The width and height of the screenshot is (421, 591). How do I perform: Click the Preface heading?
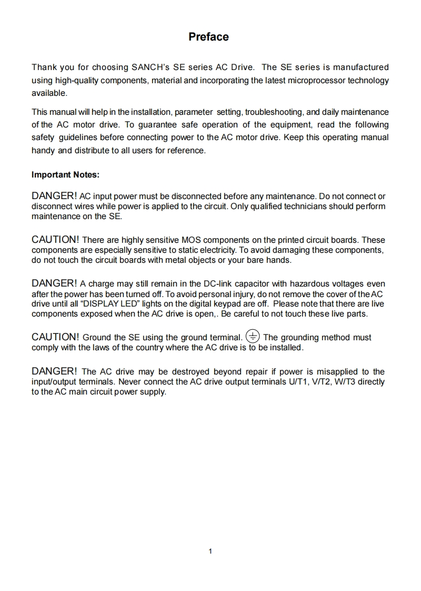point(208,37)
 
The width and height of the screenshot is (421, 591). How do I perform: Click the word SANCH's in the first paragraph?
point(150,67)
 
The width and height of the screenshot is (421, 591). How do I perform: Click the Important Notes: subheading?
point(65,174)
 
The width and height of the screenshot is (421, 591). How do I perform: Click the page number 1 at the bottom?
point(210,551)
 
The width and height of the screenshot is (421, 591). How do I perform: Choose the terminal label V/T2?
point(329,381)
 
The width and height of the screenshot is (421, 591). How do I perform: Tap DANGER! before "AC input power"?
point(54,196)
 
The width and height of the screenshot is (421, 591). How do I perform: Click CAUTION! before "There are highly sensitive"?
point(56,240)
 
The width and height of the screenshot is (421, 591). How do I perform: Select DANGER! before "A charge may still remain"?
point(54,284)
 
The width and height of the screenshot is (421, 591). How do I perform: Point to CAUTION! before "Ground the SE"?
point(56,337)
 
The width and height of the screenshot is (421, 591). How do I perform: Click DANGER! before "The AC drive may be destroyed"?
point(54,371)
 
